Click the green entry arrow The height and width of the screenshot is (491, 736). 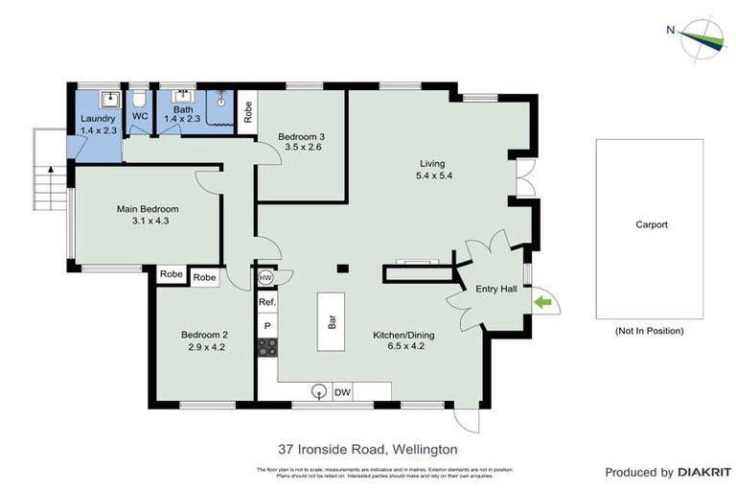tap(543, 303)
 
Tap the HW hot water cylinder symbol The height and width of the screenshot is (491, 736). tap(265, 277)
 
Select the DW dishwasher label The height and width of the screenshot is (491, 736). tap(342, 391)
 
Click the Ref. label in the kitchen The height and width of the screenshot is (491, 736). tap(266, 302)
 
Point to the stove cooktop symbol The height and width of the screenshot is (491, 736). tap(266, 347)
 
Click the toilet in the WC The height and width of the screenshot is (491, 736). tap(140, 98)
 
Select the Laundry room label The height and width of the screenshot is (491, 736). tap(97, 119)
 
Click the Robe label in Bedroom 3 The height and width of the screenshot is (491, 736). tap(247, 112)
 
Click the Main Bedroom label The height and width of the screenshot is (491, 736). tap(148, 208)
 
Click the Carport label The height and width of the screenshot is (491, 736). tap(651, 225)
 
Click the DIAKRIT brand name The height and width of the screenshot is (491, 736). tap(704, 472)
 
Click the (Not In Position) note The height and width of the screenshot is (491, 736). tap(649, 331)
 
